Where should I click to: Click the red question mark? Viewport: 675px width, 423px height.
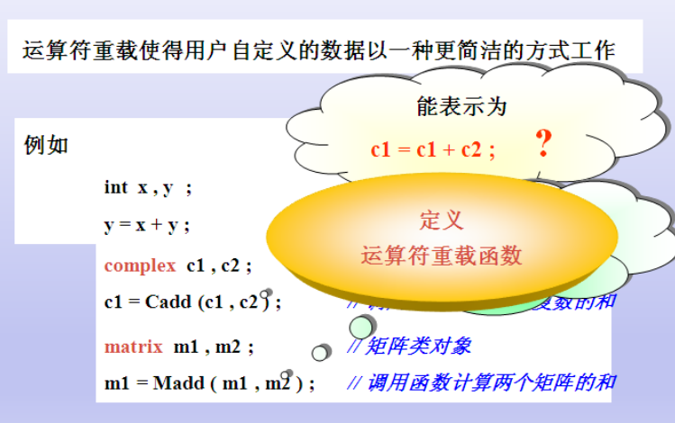click(543, 144)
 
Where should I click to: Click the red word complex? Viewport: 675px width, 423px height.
click(140, 265)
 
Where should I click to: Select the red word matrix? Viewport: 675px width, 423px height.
click(133, 346)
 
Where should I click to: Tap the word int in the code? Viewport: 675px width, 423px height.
click(115, 187)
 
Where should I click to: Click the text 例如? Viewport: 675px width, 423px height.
click(46, 145)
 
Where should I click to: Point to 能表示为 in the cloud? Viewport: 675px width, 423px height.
click(461, 106)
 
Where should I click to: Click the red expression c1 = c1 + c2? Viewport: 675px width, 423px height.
click(433, 150)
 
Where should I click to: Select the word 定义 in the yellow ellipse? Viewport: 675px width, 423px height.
click(442, 220)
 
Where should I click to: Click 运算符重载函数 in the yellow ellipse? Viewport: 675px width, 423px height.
click(442, 256)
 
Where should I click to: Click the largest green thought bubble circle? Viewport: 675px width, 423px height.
click(361, 326)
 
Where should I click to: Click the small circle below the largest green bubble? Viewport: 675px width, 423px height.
click(320, 352)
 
